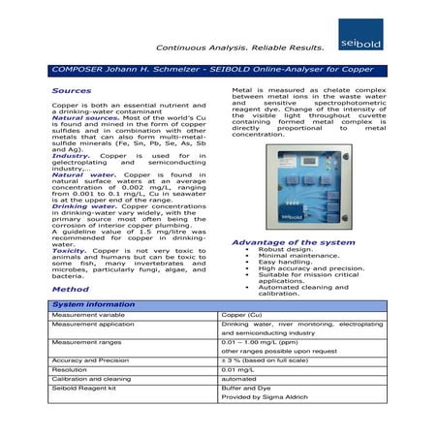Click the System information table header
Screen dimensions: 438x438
coord(94,304)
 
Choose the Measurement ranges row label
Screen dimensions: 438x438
coord(86,342)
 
